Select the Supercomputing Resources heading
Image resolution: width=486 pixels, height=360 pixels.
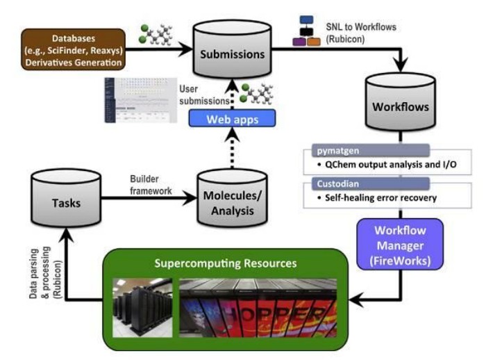click(224, 264)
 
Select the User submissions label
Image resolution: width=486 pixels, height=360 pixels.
click(197, 95)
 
